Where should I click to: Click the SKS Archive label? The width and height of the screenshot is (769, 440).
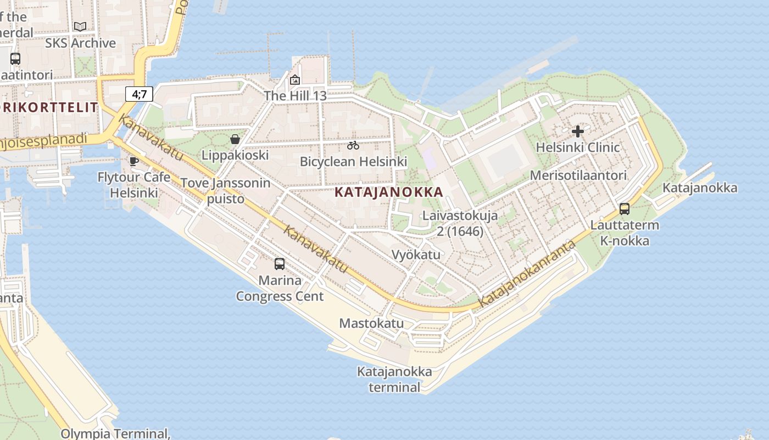coord(80,43)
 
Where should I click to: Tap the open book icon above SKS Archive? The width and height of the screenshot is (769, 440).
coord(80,26)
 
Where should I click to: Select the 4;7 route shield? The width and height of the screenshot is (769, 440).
coord(139,94)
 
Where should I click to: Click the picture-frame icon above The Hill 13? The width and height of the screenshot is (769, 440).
coord(295,80)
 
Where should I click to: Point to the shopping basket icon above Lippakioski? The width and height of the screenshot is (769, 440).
coord(235,139)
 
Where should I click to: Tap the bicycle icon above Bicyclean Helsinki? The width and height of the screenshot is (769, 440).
coord(353,146)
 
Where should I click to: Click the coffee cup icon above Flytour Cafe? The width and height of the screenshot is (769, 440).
coord(133,161)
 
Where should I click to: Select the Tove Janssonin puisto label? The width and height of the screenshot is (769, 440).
coord(226,190)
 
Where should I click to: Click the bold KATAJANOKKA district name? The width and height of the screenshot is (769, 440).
coord(388,192)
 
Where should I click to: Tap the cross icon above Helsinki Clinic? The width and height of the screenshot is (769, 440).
coord(577,131)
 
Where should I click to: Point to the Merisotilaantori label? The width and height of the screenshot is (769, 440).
coord(578,175)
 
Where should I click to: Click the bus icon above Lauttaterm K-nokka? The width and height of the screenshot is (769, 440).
coord(625,209)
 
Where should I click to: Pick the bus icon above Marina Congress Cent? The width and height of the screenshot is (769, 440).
coord(280,264)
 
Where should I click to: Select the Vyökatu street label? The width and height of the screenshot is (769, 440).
coord(416,255)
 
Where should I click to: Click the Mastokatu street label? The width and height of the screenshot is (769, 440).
coord(371,323)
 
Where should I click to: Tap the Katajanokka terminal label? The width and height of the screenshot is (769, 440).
coord(394,379)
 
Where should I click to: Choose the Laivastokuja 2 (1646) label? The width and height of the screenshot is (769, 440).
coord(460,223)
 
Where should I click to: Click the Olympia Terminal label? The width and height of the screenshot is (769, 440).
coord(115,433)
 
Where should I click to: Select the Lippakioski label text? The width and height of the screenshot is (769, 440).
coord(235,155)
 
